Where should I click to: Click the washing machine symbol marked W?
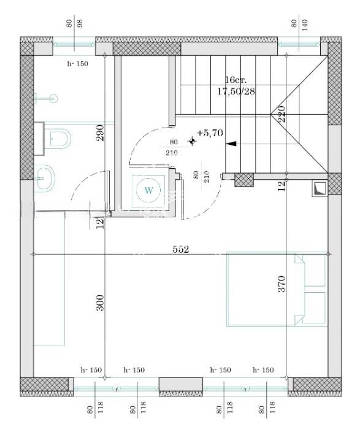click(x=148, y=190)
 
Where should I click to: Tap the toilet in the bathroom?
click(x=57, y=139)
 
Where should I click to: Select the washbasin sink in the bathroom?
click(x=45, y=177)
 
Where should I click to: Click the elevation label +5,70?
click(x=210, y=133)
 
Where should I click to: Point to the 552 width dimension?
click(x=181, y=249)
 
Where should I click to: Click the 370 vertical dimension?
click(x=282, y=284)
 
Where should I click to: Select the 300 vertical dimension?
click(x=101, y=303)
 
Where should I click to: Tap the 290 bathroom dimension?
click(x=101, y=133)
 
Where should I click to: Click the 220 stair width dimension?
click(x=282, y=114)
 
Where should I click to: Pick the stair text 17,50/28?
click(x=236, y=91)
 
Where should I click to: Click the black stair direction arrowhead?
click(x=231, y=144)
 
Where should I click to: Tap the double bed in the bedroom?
click(x=277, y=289)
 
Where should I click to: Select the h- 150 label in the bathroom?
click(x=78, y=64)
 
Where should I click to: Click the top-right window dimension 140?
click(x=305, y=25)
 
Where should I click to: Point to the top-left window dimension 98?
click(x=80, y=23)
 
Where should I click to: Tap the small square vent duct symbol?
click(x=320, y=189)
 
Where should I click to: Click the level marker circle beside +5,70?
click(x=192, y=141)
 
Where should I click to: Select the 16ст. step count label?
click(x=236, y=80)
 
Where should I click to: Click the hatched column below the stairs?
click(x=244, y=180)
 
